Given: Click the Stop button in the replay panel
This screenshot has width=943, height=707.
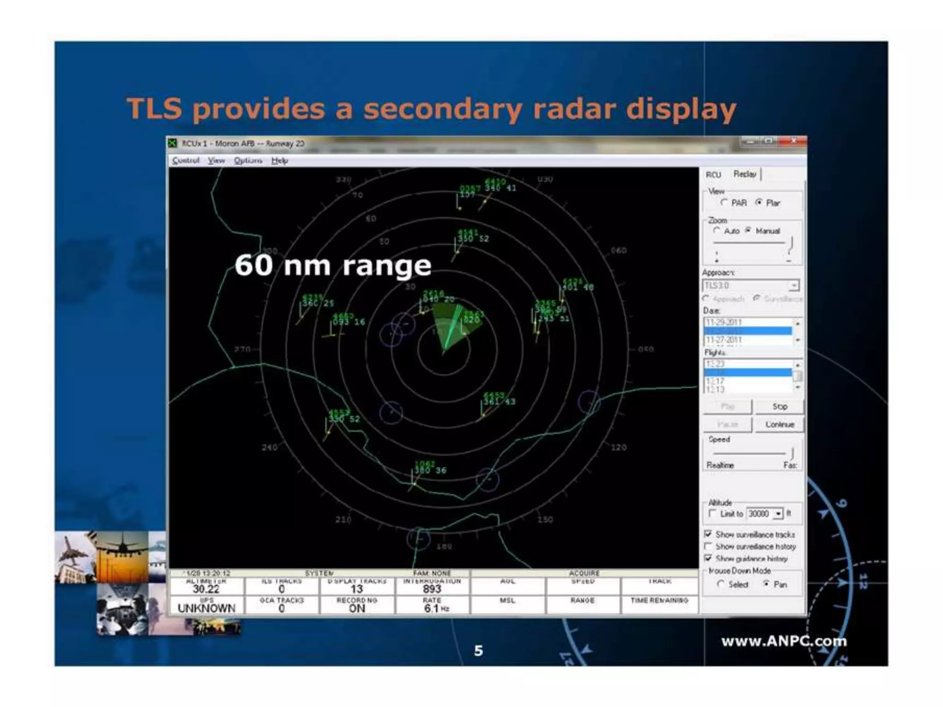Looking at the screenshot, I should pos(779,406).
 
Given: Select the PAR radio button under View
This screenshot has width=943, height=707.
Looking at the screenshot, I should pos(725,203).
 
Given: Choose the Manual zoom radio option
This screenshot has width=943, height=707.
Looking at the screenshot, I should pos(749,230).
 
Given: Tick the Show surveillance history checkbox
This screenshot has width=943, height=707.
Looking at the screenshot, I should pos(708,546).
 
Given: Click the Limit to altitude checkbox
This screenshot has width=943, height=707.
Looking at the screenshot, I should pos(712,513).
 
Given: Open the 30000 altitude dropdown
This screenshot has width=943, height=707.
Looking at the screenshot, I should pos(778,514).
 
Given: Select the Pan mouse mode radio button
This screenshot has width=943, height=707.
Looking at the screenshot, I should pos(767,584).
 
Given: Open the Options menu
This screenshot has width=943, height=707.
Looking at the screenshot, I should pos(248,160).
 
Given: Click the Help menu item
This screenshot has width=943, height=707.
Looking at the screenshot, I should pos(279,160).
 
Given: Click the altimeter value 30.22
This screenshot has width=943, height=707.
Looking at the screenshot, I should pos(206,589).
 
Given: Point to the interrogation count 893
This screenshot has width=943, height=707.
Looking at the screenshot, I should pos(432,589).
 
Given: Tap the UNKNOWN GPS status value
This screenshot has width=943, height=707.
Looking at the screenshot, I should pos(206,608).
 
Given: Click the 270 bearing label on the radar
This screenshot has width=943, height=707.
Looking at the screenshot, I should pos(242,349).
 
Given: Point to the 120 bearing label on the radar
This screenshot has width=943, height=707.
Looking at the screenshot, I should pos(618,447).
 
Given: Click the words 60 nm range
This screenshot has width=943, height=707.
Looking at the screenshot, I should pos(332,266).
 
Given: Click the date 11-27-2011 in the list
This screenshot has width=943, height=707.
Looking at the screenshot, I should pos(724,340).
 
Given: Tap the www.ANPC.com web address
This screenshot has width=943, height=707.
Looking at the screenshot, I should pos(784,641).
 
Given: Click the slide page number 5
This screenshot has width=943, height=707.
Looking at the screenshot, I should pos(478,650).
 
